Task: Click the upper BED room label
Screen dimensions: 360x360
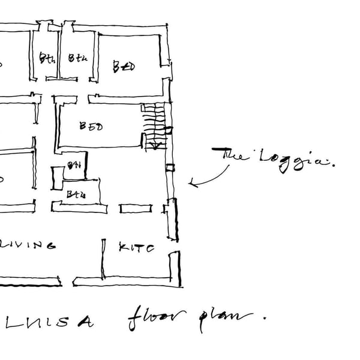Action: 124,66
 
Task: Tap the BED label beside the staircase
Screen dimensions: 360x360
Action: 91,127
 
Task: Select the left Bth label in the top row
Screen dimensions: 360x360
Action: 47,58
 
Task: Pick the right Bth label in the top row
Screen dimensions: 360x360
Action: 77,58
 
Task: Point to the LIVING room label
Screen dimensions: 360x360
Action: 30,245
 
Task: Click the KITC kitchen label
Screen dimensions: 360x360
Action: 137,247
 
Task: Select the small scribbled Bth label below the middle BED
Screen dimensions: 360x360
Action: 74,166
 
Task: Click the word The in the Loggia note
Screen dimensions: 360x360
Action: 234,155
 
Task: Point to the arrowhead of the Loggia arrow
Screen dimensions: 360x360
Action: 191,183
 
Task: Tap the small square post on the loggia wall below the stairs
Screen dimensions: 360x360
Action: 170,168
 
